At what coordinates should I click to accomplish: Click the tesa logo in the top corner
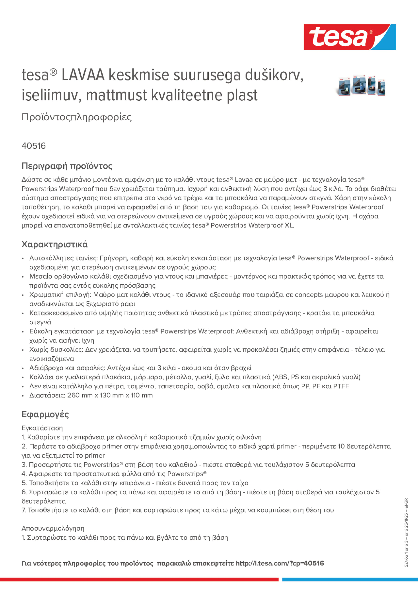click(x=350, y=37)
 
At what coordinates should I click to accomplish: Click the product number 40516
click(x=33, y=146)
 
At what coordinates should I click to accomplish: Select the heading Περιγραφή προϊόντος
click(x=67, y=166)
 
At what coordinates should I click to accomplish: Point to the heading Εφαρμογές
click(x=45, y=414)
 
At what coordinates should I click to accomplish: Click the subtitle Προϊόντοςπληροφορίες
click(x=77, y=117)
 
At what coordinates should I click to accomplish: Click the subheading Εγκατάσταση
click(x=42, y=428)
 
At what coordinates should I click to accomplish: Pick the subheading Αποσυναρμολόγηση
click(x=53, y=528)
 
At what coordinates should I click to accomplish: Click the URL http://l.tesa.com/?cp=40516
click(x=280, y=563)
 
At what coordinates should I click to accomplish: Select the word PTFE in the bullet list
click(x=341, y=386)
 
